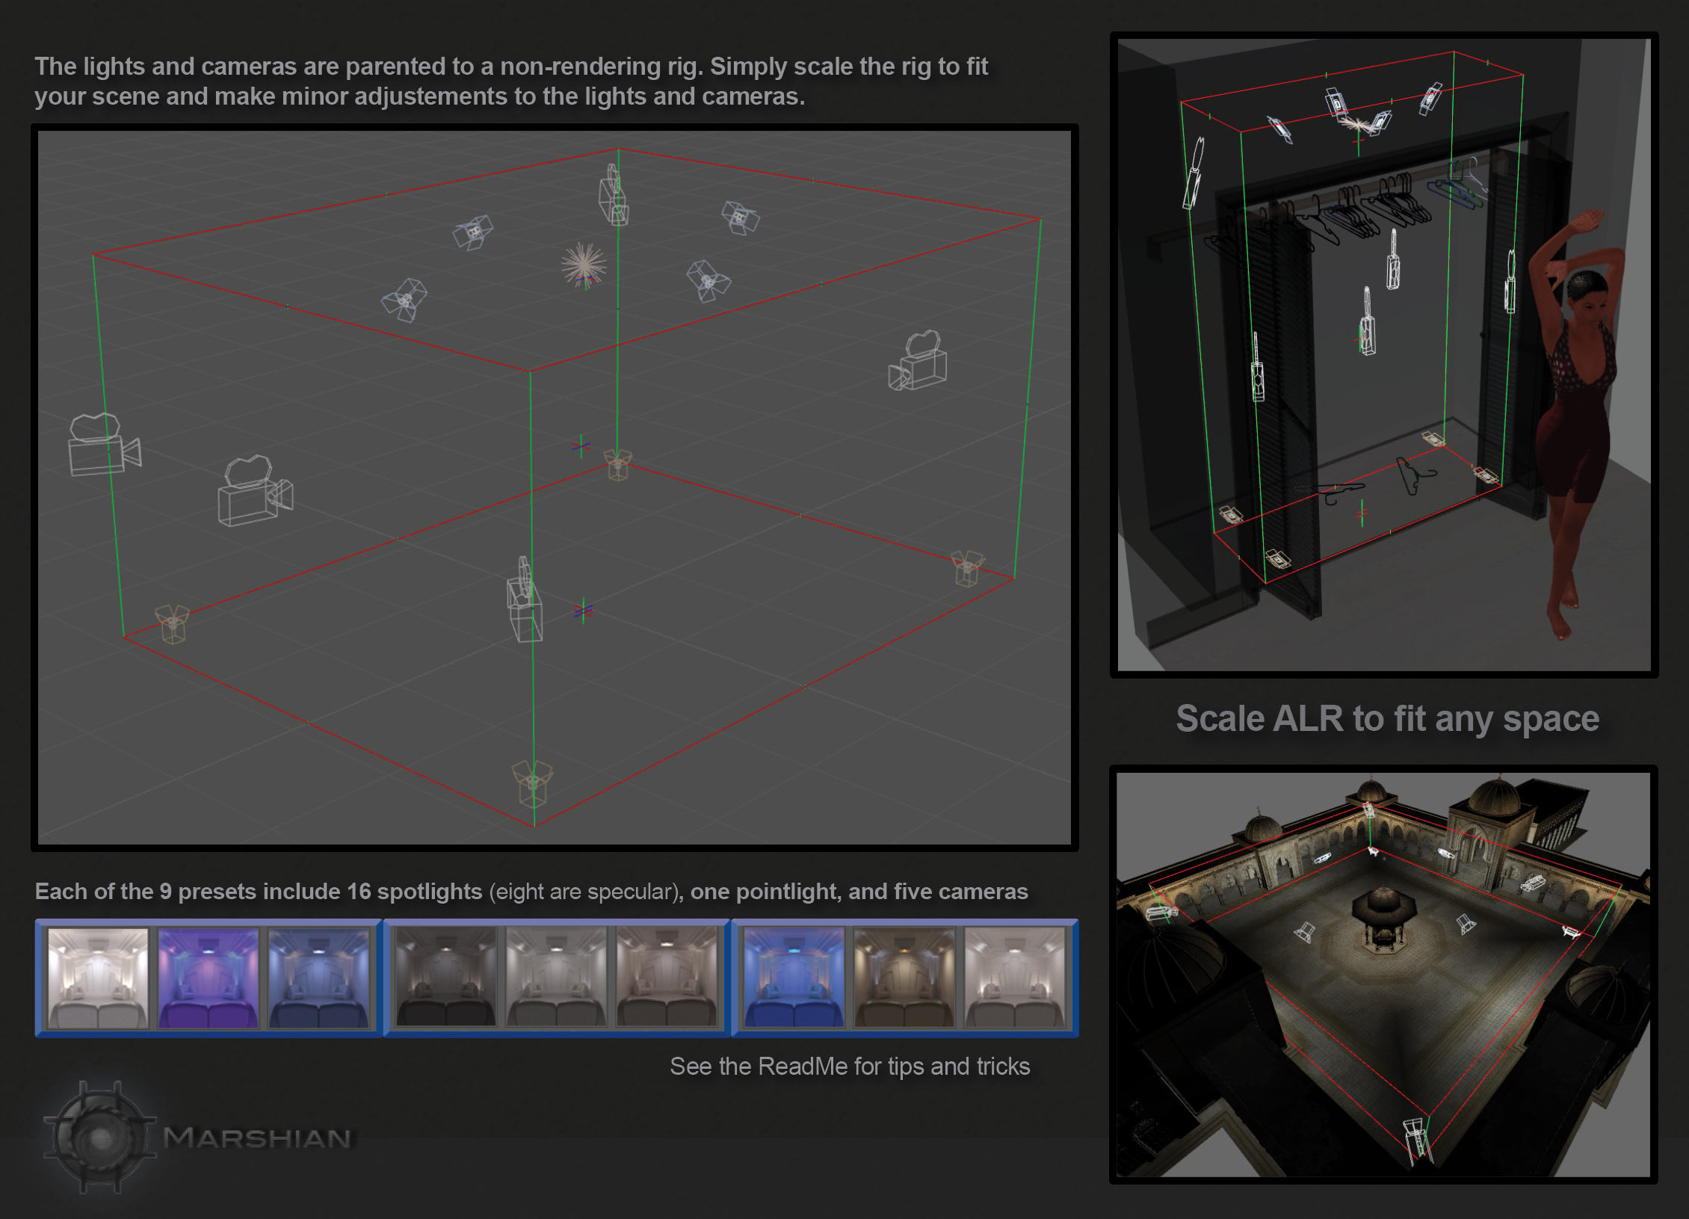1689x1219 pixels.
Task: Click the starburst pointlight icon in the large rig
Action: [584, 264]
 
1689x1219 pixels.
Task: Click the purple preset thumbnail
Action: [209, 978]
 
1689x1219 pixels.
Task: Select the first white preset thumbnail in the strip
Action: [98, 978]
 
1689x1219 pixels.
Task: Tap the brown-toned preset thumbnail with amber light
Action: [904, 978]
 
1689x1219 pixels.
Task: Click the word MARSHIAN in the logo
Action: [257, 1138]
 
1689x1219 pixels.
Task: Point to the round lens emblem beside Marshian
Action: [100, 1138]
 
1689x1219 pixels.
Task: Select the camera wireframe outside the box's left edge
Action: [102, 447]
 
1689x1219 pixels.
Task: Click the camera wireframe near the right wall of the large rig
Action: [919, 362]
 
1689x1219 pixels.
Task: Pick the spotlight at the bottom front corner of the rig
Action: [532, 783]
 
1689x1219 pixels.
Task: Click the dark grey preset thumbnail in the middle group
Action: [446, 978]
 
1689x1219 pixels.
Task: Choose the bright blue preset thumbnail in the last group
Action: [794, 978]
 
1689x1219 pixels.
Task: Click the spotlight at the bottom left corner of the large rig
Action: [173, 623]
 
